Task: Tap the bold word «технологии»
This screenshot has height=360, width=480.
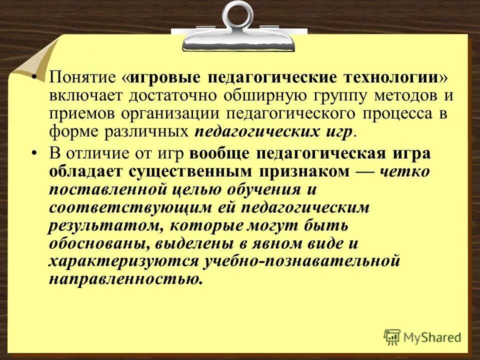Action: pyautogui.click(x=389, y=78)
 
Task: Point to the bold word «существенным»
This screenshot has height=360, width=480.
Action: pyautogui.click(x=193, y=171)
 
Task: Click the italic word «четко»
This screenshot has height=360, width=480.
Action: pyautogui.click(x=404, y=171)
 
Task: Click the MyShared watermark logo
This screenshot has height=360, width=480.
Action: pyautogui.click(x=422, y=336)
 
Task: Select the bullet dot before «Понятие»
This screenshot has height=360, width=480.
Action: pyautogui.click(x=35, y=78)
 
